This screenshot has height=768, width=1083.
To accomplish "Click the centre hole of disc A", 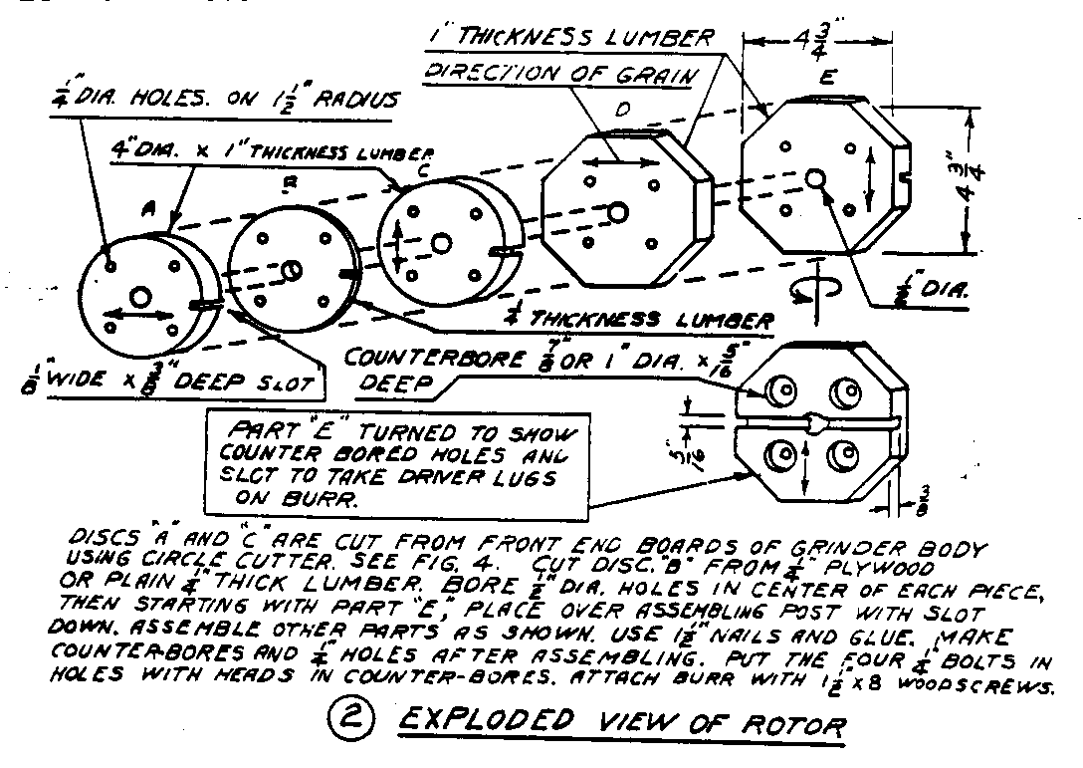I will (x=140, y=296).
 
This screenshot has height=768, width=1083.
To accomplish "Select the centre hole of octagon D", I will (x=619, y=212).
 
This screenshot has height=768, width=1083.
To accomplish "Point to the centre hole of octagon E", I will (x=814, y=178).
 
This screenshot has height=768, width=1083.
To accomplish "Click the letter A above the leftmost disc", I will (x=149, y=208).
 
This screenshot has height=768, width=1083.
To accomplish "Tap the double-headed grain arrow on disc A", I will (x=133, y=316).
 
